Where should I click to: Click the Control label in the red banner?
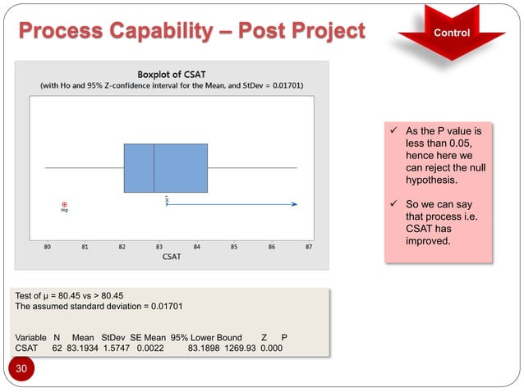click(x=453, y=34)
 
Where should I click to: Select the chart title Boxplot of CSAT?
click(x=172, y=71)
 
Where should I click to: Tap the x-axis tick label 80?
click(x=47, y=246)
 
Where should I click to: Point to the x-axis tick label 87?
click(x=309, y=246)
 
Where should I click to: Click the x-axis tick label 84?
click(x=196, y=246)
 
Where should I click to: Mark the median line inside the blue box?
click(x=154, y=168)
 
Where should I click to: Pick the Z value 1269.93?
click(x=237, y=348)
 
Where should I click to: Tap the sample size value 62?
click(x=57, y=348)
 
